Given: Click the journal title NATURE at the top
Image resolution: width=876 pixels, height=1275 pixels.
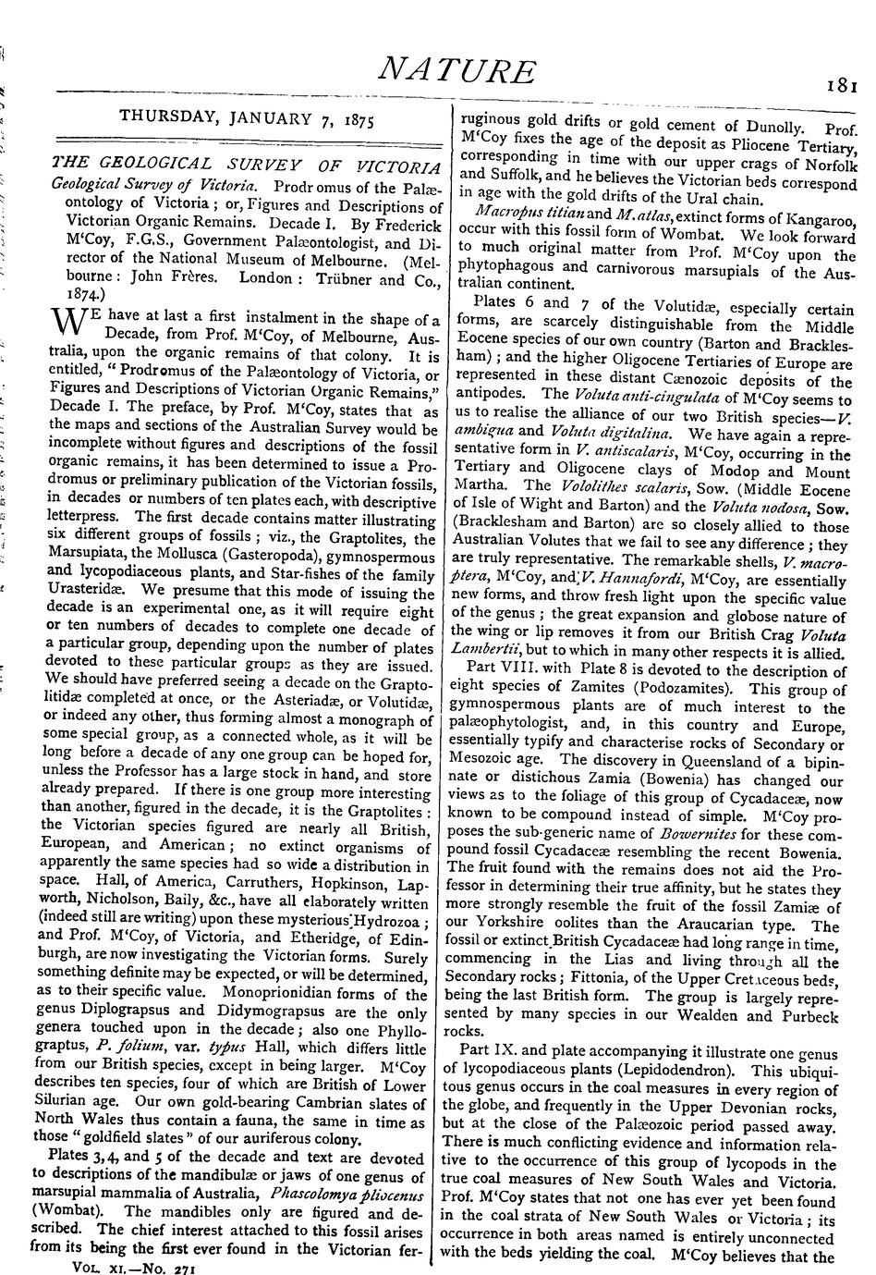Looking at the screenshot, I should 459,71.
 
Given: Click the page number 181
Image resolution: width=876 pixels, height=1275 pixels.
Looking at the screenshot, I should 843,86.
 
